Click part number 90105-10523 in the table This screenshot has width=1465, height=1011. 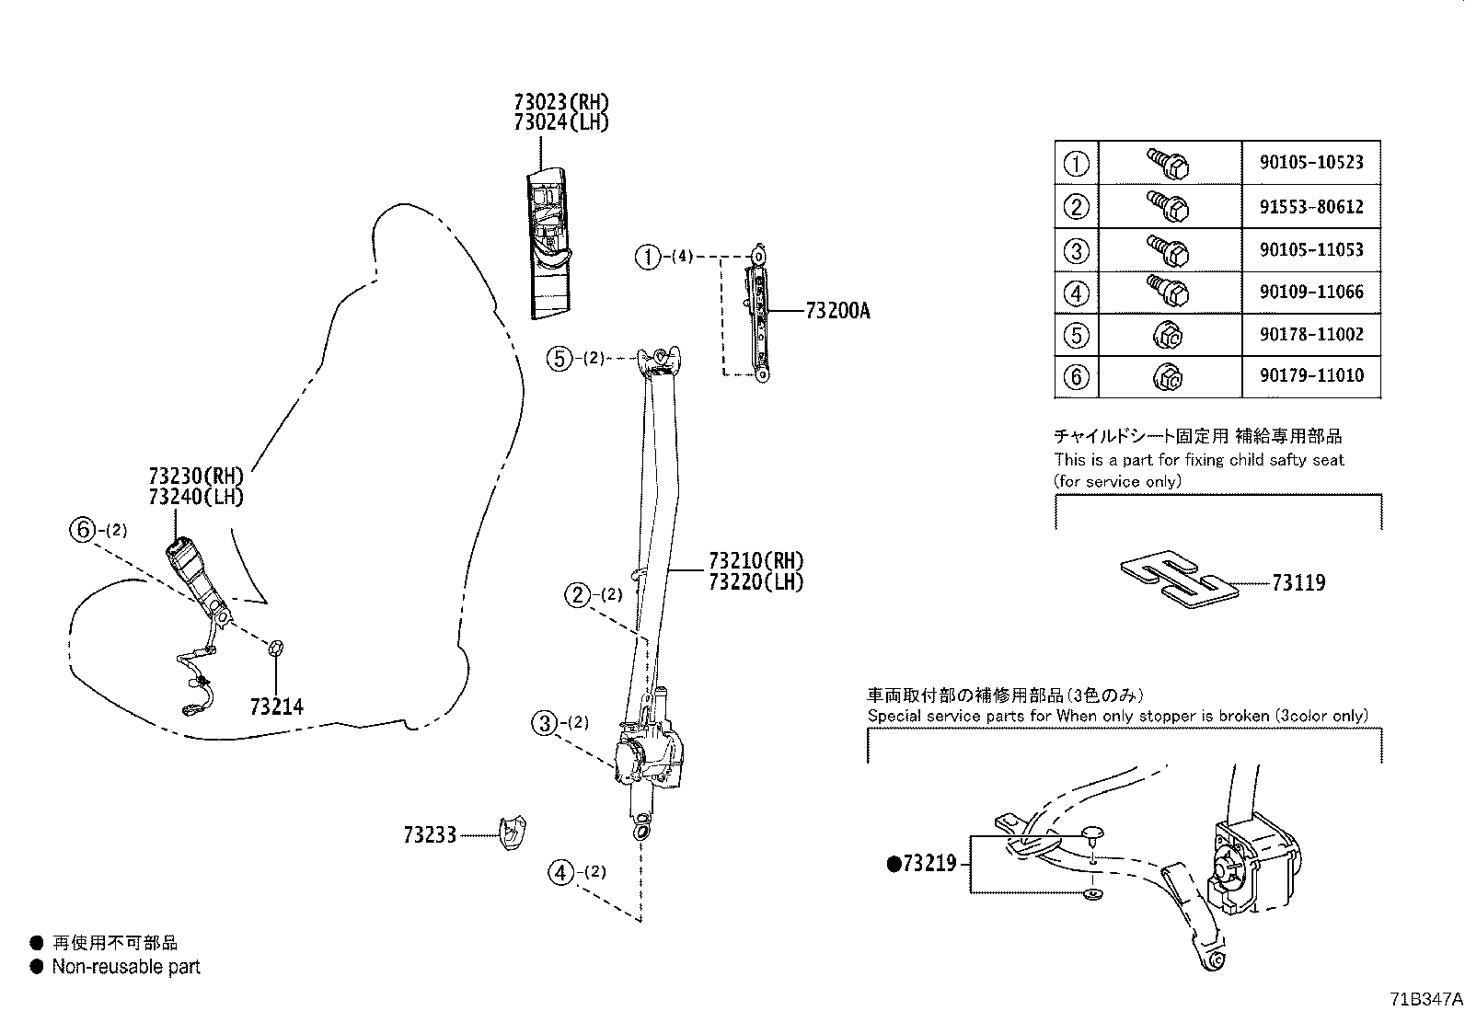pos(1311,163)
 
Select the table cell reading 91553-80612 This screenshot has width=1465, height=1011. pos(1311,207)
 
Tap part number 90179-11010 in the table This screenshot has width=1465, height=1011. pos(1311,375)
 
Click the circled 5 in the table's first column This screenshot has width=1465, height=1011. pos(1076,335)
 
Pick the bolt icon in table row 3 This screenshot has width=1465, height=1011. pos(1169,248)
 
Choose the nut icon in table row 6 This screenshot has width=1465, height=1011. pos(1168,375)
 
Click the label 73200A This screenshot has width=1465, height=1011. pos(836,311)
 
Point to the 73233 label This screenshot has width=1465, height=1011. pos(429,835)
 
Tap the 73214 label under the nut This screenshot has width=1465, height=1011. pos(276,707)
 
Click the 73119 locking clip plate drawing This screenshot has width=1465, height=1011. pos(1178,581)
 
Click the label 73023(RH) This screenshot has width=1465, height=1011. pos(561,102)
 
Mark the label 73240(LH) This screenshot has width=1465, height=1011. pos(195,497)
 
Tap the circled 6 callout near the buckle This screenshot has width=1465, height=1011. pos(83,529)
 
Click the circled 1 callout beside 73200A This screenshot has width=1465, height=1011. pos(648,258)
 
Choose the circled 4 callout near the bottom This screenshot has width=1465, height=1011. pos(561,871)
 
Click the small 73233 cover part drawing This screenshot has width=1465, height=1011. pos(512,833)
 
